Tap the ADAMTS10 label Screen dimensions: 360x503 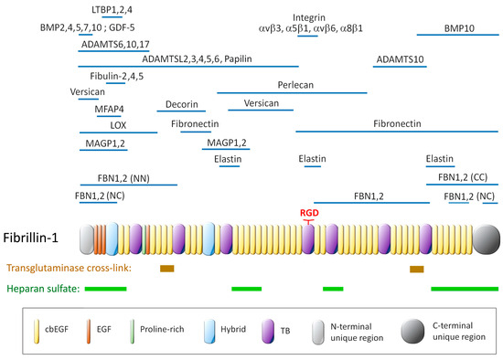(x=399, y=59)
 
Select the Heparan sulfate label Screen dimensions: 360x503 (x=43, y=289)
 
